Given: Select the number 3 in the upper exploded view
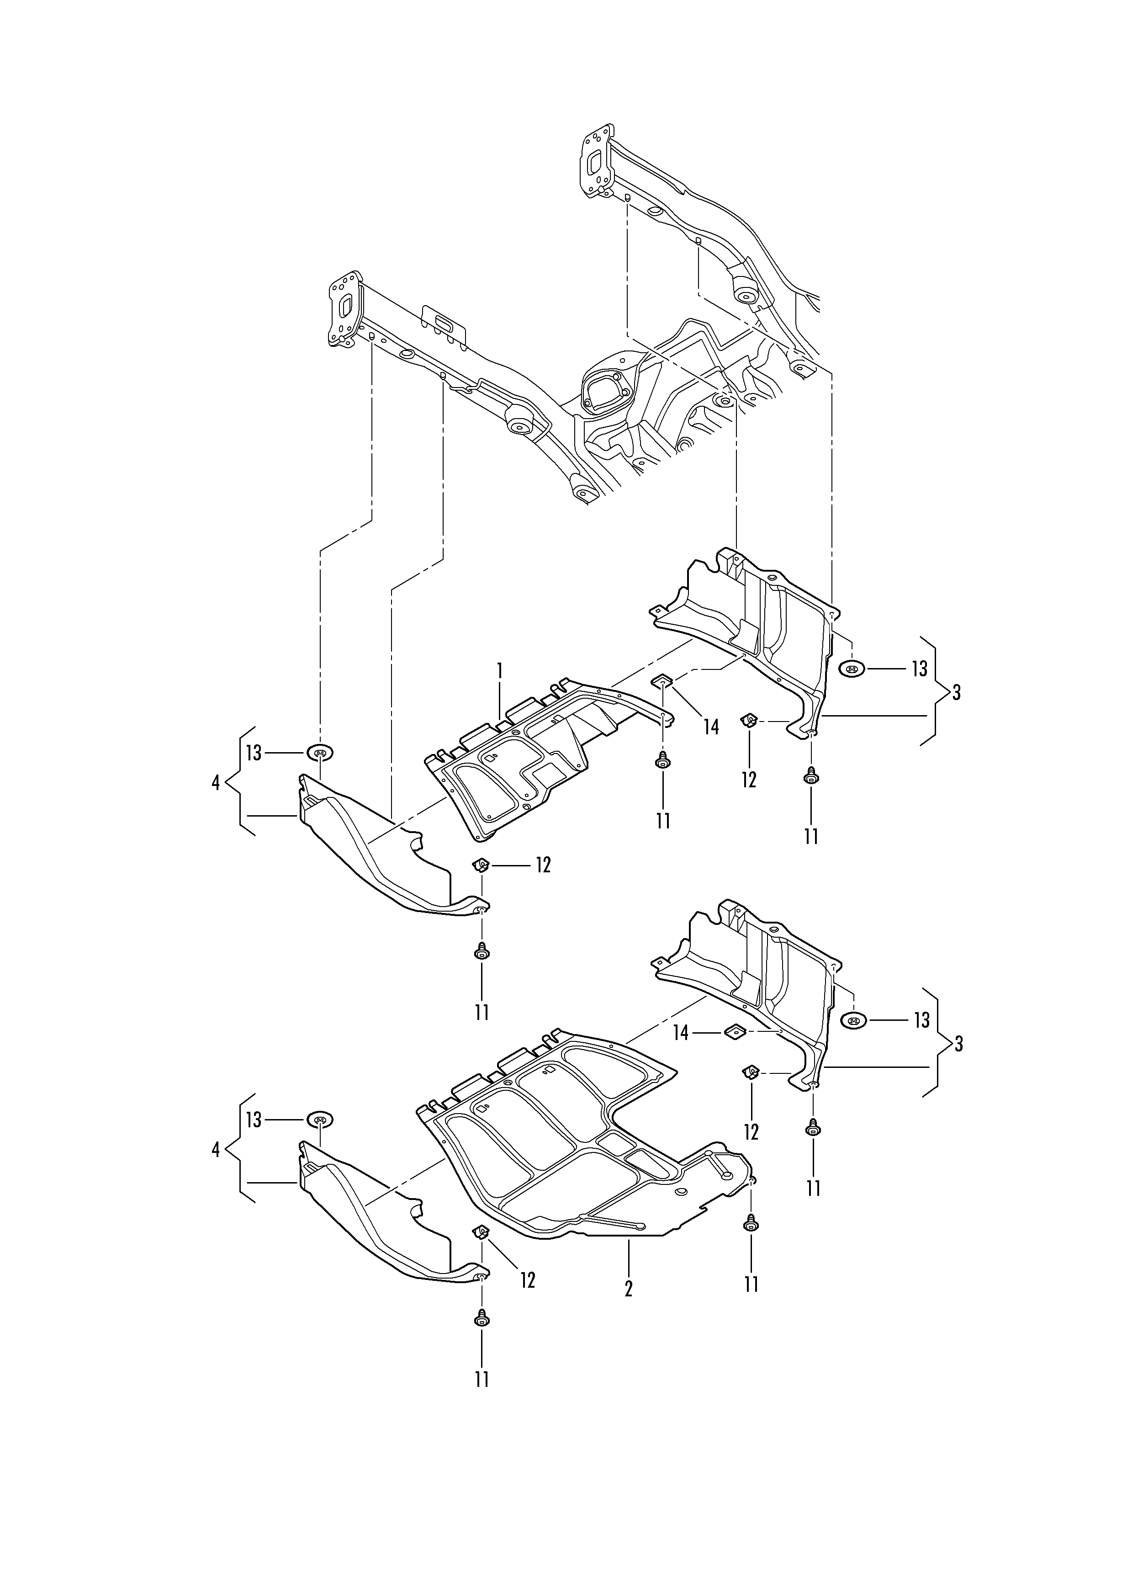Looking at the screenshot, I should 956,693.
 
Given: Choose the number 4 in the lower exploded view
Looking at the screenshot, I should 216,1150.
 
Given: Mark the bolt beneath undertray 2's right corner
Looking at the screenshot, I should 751,1224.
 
